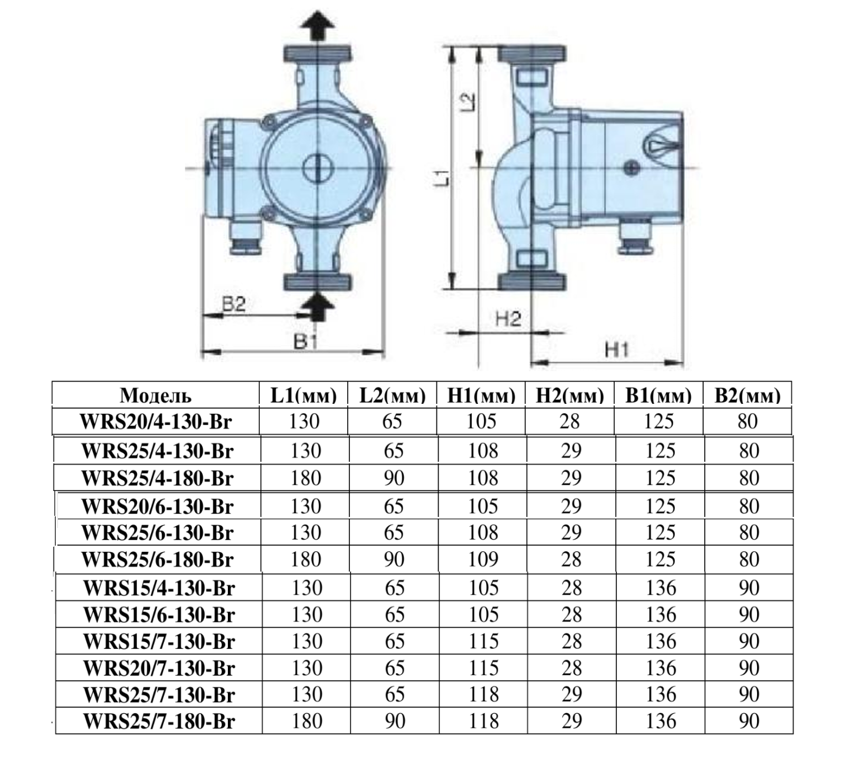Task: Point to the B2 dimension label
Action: [233, 304]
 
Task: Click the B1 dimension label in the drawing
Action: [306, 342]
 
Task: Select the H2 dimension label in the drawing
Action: [509, 319]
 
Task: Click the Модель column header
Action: [156, 395]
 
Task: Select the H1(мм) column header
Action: [481, 395]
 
